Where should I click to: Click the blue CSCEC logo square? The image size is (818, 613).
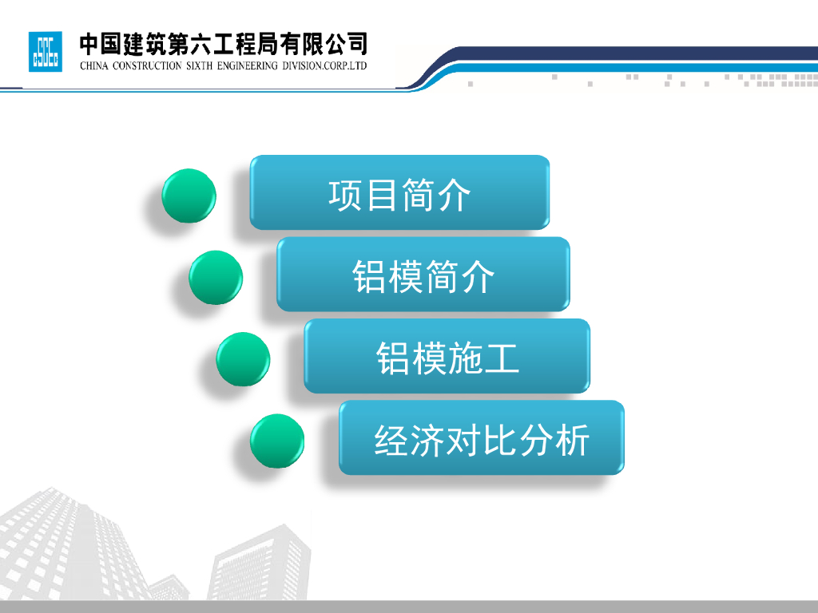(x=46, y=52)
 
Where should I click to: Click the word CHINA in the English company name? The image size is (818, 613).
(x=94, y=65)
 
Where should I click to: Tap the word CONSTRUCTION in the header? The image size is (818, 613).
(x=147, y=65)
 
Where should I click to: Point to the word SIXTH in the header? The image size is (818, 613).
(x=199, y=65)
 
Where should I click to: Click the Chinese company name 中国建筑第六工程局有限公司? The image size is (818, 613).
(x=224, y=45)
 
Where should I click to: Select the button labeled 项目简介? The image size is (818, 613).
(x=399, y=192)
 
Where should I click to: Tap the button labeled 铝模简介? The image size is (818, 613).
(x=423, y=275)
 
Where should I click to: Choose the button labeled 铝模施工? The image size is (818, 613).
(x=447, y=356)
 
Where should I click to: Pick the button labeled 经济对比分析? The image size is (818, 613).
(x=482, y=438)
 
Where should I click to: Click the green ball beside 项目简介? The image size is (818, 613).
(x=189, y=196)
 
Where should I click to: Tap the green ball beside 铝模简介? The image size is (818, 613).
(x=216, y=277)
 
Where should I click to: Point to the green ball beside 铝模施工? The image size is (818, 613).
(x=243, y=359)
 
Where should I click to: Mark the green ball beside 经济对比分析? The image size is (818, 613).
(x=277, y=441)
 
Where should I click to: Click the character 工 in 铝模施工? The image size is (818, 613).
(x=502, y=358)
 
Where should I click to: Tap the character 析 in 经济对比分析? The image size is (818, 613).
(x=572, y=440)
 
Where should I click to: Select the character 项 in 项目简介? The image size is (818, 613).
(x=346, y=195)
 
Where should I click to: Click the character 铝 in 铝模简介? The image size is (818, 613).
(x=370, y=276)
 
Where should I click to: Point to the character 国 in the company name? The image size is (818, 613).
(x=110, y=45)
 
